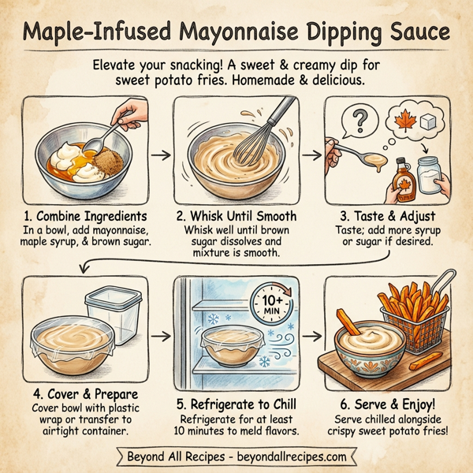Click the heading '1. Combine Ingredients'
[x=85, y=216]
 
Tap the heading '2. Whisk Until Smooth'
[x=237, y=216]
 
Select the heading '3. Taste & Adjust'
[x=386, y=216]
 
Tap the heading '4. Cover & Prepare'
[x=85, y=394]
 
